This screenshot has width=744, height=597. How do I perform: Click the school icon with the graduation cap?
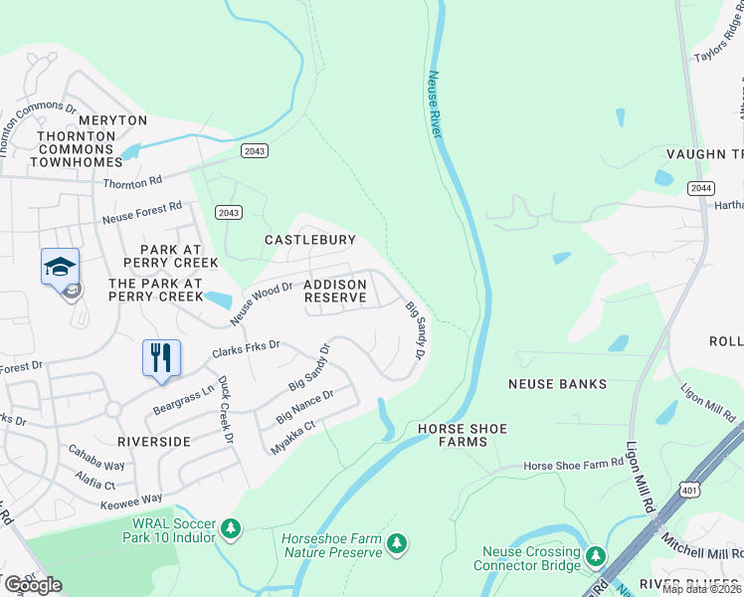point(60,267)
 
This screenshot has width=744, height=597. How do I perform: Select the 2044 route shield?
point(699,187)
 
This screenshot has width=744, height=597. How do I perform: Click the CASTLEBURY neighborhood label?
point(309,240)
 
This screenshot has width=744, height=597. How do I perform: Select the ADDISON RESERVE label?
point(335,291)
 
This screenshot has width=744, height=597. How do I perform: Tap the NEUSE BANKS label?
point(551,383)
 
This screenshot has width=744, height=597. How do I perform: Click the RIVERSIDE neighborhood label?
point(153,440)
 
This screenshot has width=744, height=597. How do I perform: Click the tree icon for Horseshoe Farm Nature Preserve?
point(397,542)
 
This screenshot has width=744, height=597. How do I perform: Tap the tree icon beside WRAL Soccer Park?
point(231,527)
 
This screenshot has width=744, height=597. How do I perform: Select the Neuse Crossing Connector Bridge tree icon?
point(596,555)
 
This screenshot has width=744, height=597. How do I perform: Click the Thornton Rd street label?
point(132,183)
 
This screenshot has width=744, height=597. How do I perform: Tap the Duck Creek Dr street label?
point(225,409)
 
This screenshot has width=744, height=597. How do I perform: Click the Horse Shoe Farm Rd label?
point(573,466)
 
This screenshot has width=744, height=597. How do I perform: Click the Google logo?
point(33,585)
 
